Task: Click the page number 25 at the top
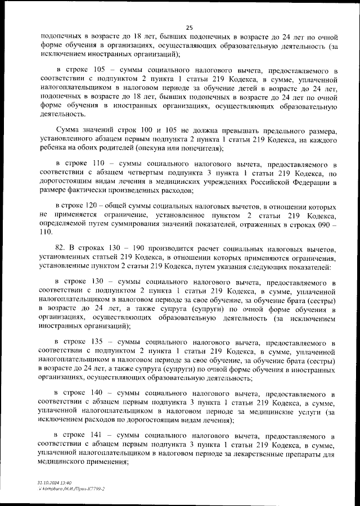pyautogui.click(x=189, y=28)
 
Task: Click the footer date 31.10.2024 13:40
pyautogui.click(x=54, y=482)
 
